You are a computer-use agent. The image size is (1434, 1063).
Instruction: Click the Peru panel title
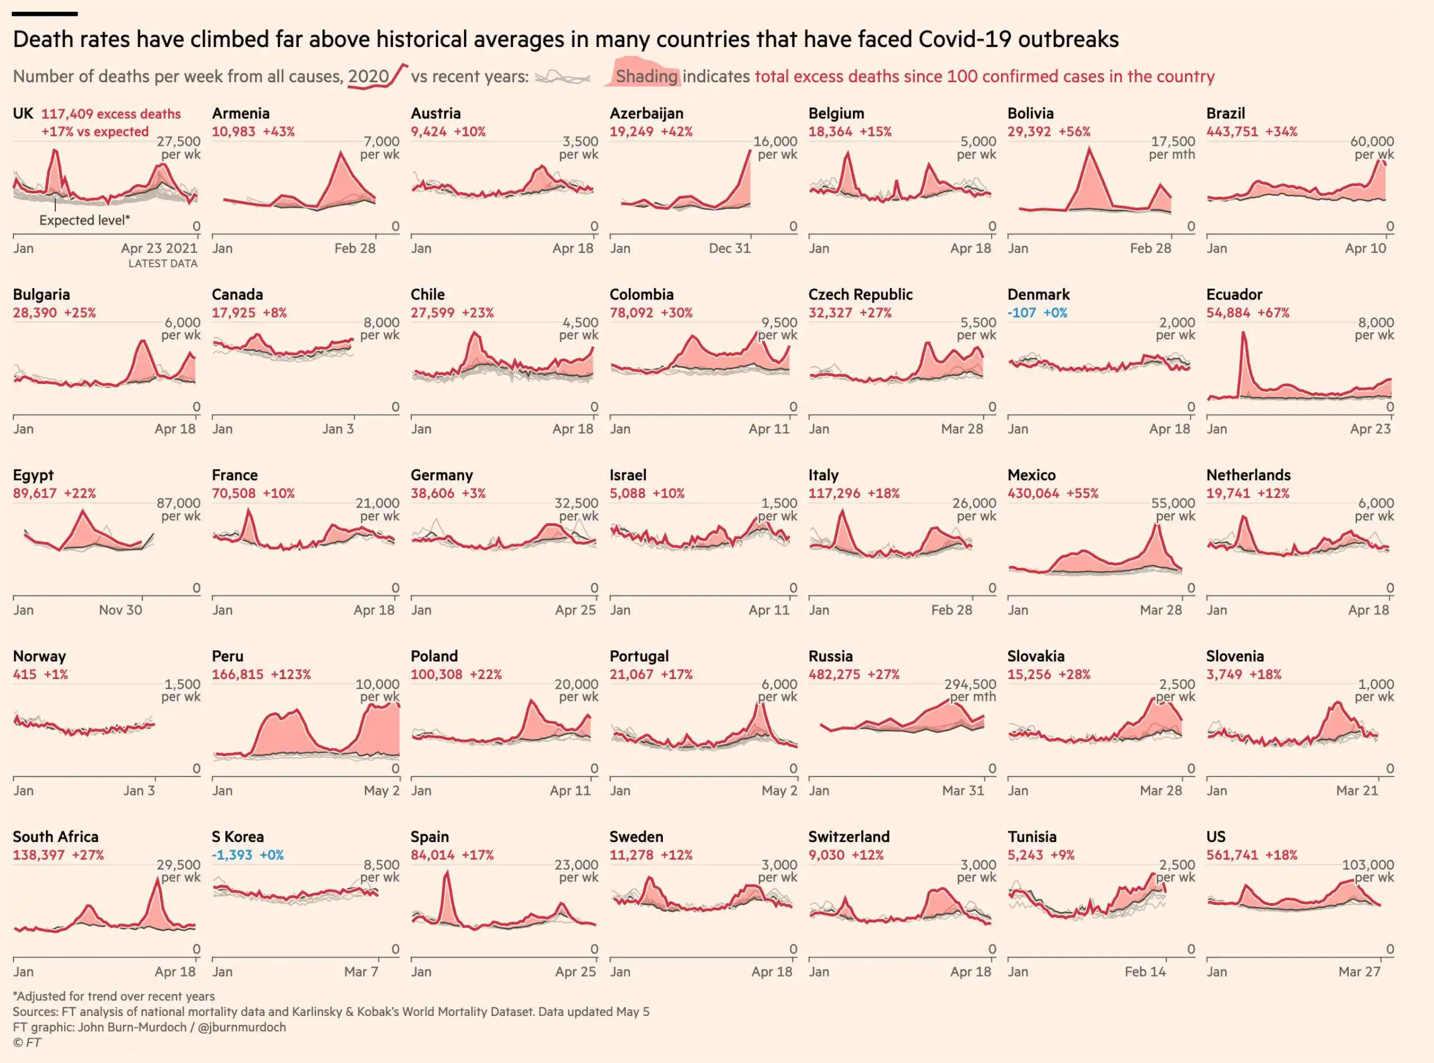227,656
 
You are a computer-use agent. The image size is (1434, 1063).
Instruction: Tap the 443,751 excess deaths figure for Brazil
1232,132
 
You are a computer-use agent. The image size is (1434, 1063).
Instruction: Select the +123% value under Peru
291,674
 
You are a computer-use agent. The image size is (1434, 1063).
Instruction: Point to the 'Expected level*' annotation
84,220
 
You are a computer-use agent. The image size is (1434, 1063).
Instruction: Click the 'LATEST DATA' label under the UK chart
162,264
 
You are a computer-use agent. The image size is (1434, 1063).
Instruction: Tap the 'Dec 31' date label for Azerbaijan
729,248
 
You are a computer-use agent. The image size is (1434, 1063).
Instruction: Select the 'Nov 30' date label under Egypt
121,610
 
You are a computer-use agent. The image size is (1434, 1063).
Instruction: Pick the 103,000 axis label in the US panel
1368,865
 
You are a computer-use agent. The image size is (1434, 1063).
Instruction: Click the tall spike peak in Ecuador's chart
1243,333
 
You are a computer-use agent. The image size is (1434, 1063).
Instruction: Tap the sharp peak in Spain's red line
446,874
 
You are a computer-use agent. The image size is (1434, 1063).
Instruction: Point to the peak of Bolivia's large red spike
1089,149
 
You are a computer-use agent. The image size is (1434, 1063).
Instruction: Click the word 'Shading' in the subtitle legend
646,76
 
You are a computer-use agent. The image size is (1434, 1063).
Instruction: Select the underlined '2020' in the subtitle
368,76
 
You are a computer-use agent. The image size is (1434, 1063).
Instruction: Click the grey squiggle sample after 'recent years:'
562,78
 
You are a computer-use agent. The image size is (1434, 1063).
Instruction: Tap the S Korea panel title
238,837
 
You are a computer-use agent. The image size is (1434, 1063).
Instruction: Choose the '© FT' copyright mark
27,1042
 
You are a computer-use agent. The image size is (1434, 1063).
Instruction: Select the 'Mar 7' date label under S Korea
361,972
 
